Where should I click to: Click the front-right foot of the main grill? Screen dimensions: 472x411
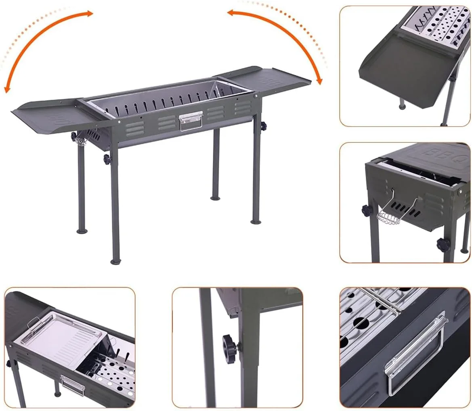[256, 222]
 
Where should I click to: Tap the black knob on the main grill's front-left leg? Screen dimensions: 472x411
[107, 158]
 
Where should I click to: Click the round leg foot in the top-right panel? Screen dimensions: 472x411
[402, 106]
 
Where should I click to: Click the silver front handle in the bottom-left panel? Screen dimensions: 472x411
[73, 385]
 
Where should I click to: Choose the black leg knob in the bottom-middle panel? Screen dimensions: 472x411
[230, 345]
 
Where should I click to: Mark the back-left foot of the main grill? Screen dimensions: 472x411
[82, 231]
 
